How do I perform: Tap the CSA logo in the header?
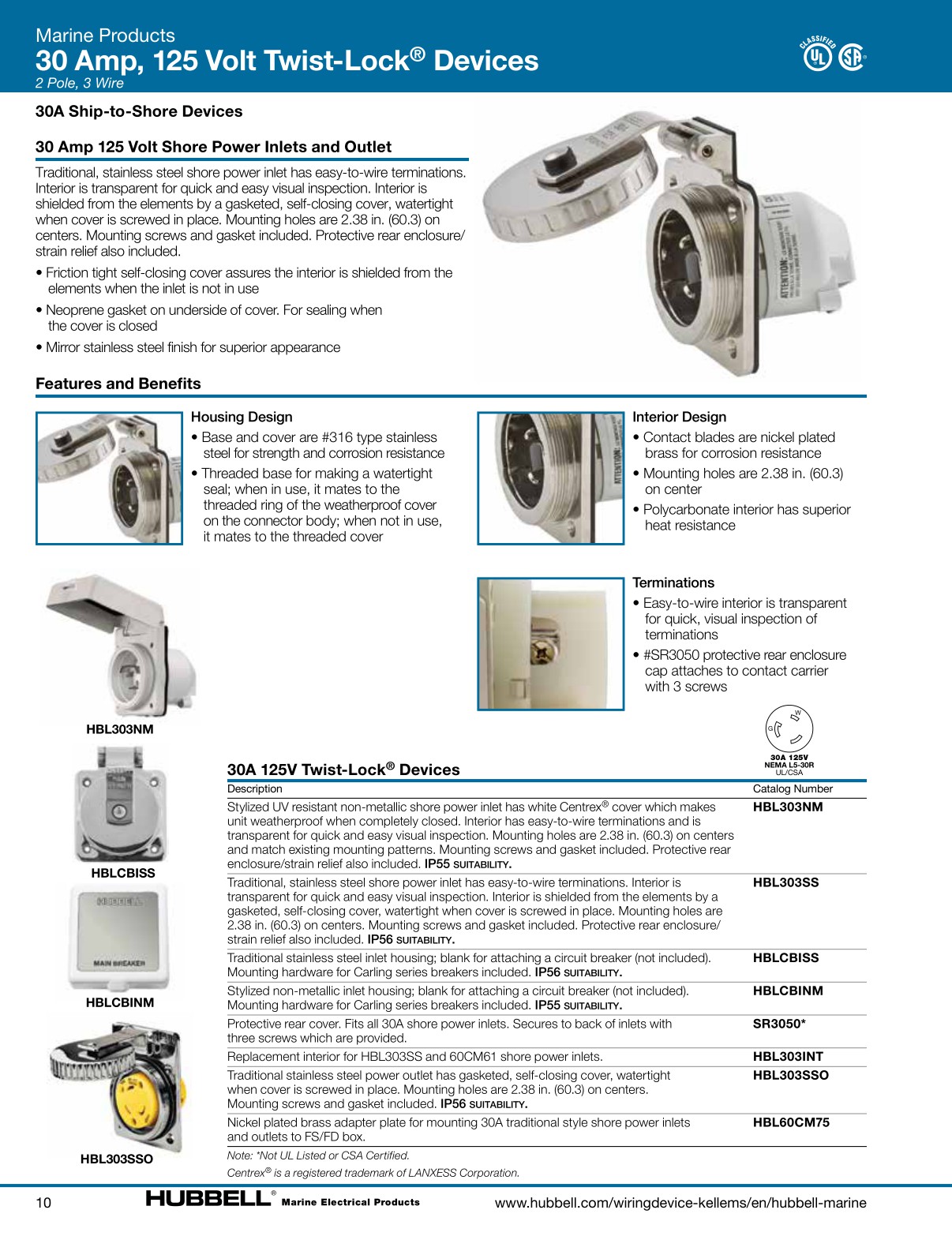point(851,57)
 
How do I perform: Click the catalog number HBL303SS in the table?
point(785,882)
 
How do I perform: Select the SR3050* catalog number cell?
point(778,1024)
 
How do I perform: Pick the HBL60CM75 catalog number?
point(791,1122)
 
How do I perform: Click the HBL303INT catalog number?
point(788,1057)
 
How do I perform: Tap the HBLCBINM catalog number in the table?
point(788,991)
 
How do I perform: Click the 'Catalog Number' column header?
point(793,788)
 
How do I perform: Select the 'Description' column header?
point(254,788)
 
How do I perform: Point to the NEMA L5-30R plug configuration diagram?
point(789,728)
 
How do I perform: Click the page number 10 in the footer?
point(43,1202)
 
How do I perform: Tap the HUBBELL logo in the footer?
point(208,1199)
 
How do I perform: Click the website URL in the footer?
point(680,1203)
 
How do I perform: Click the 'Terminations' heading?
point(673,582)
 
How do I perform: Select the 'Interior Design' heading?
point(679,417)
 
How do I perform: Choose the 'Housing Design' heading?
point(242,417)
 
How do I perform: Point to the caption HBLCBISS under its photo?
point(123,873)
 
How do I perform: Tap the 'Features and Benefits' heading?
point(118,384)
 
